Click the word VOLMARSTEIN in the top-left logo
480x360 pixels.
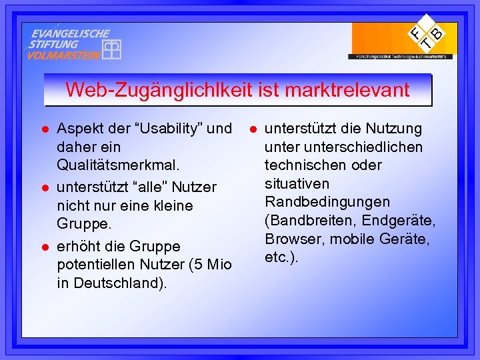coord(63,55)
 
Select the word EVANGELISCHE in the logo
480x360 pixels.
coord(71,33)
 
